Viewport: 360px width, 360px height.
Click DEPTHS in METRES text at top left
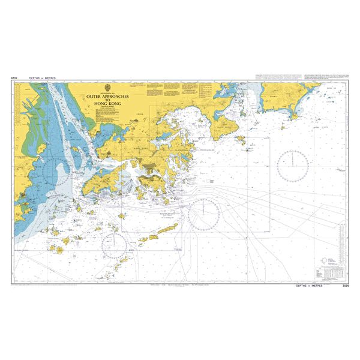point(38,78)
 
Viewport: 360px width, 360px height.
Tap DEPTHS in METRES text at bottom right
point(310,286)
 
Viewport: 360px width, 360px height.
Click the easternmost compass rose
point(293,164)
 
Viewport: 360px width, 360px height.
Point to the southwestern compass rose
point(115,244)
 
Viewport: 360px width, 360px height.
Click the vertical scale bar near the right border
point(341,240)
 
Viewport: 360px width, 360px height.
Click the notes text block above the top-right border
point(300,77)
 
